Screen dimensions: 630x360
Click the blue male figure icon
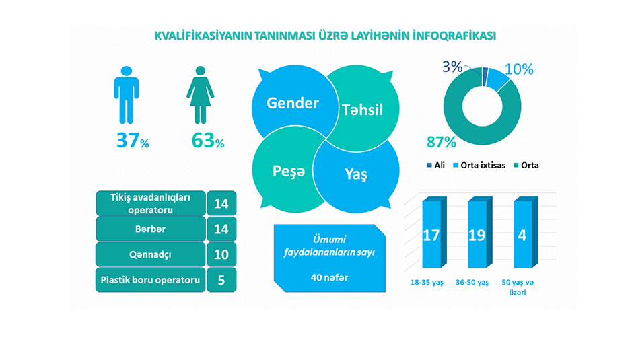point(126,95)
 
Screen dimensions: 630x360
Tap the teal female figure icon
point(200,95)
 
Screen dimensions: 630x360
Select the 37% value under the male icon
point(133,141)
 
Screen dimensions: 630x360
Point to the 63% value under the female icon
point(208,141)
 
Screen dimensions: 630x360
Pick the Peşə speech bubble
point(288,171)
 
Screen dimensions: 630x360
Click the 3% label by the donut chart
point(452,67)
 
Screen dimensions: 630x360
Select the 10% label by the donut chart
point(519,69)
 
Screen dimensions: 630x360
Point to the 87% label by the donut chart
point(441,142)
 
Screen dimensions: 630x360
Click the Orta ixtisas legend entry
point(479,165)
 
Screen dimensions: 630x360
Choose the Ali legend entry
point(435,165)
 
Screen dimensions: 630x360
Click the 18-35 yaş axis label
point(427,283)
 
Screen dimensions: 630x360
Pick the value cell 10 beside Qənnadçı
point(221,254)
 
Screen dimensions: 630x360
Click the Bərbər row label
point(150,229)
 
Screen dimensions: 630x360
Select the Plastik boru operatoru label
point(150,280)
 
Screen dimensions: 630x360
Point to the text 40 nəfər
point(329,278)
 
